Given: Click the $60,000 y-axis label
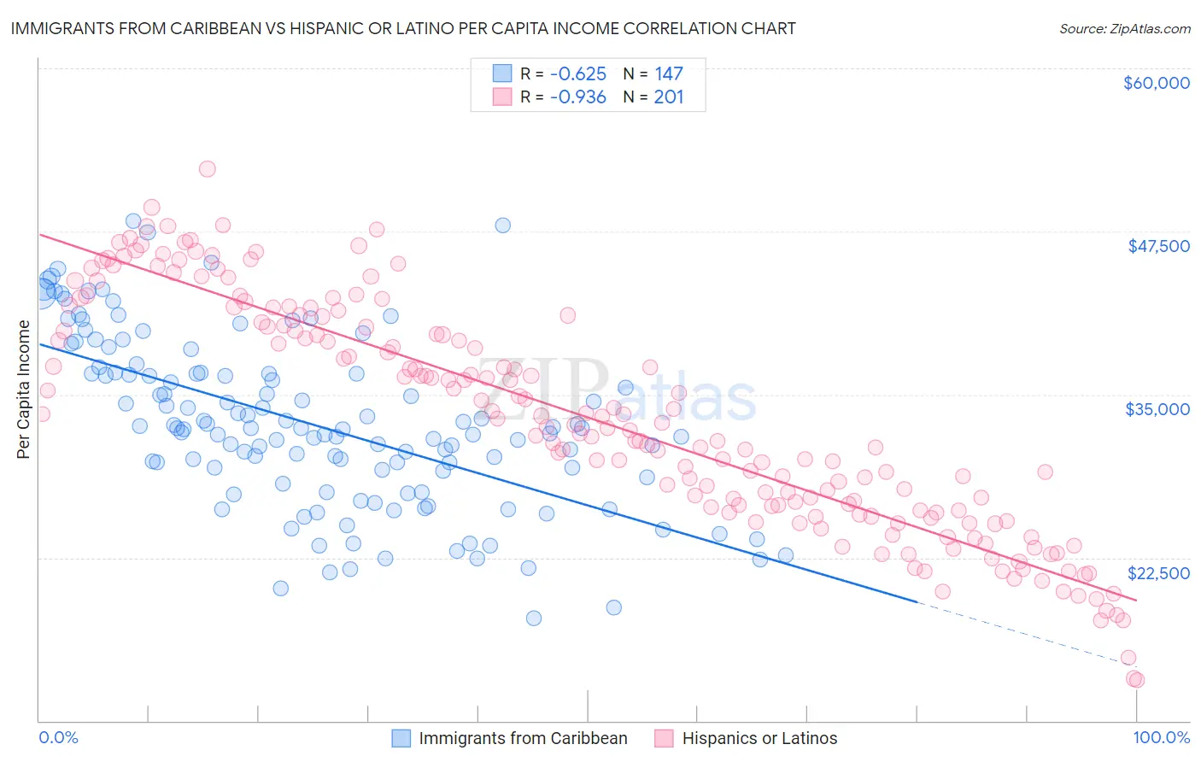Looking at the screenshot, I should pyautogui.click(x=1156, y=83).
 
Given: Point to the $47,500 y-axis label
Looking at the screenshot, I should pyautogui.click(x=1158, y=246).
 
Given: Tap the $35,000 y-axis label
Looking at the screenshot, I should pyautogui.click(x=1157, y=409).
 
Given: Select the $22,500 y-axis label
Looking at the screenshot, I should pyautogui.click(x=1157, y=573).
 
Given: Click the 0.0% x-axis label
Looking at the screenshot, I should pyautogui.click(x=58, y=738).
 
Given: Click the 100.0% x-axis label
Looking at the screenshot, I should pyautogui.click(x=1161, y=738).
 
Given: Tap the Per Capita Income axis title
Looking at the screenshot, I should pyautogui.click(x=24, y=389).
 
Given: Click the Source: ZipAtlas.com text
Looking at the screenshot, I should pyautogui.click(x=1124, y=29).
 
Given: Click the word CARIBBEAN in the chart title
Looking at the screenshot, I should pyautogui.click(x=182, y=28).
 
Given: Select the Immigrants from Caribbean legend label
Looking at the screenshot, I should pyautogui.click(x=523, y=739).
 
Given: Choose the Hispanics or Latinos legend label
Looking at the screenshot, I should pyautogui.click(x=759, y=739).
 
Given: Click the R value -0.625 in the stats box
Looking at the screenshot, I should pyautogui.click(x=577, y=74).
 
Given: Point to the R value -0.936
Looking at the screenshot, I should pyautogui.click(x=577, y=97).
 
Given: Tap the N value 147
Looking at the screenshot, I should pyautogui.click(x=669, y=74).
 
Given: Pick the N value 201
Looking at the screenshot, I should pyautogui.click(x=669, y=97).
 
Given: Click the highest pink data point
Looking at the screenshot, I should pyautogui.click(x=207, y=169).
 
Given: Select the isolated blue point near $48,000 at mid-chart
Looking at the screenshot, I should pyautogui.click(x=503, y=226).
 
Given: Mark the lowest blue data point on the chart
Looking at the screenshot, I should pyautogui.click(x=534, y=618).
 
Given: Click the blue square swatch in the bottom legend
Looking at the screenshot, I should pyautogui.click(x=401, y=738).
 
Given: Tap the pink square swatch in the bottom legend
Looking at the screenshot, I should pyautogui.click(x=664, y=738).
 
